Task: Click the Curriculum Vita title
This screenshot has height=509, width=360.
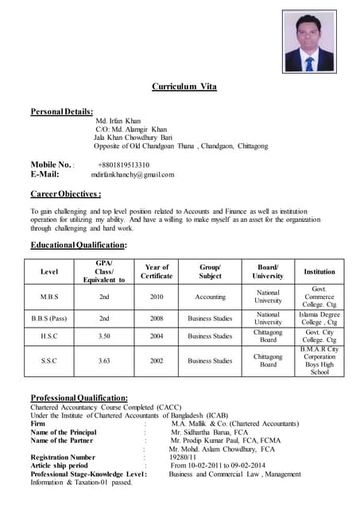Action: pos(184,86)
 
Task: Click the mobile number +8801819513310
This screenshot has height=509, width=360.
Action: pos(123,165)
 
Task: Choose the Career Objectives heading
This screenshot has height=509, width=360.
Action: pos(65,193)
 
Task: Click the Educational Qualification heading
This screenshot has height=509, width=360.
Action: pos(78,245)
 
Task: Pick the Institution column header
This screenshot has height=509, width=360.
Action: pos(319,272)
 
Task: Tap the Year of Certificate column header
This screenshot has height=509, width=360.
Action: pos(157,272)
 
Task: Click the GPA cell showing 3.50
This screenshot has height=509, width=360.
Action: pos(104,336)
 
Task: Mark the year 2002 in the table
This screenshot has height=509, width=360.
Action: pos(157,361)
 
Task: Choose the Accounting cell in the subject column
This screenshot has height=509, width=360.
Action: pos(210,297)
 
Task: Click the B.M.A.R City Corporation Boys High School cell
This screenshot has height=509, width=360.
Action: pos(319,361)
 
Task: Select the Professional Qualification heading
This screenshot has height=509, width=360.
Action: pos(79,398)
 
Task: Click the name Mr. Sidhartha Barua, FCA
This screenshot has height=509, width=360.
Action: pos(209,432)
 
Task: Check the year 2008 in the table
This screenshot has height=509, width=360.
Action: pos(157,318)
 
